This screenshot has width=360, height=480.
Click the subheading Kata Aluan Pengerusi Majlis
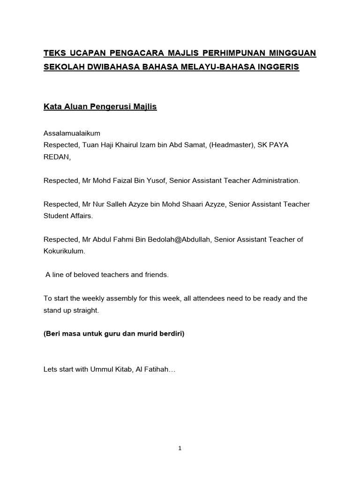click(x=100, y=107)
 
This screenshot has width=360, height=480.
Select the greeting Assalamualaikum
click(x=72, y=134)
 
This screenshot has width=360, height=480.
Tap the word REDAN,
click(x=57, y=157)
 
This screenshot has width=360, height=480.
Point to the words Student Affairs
click(x=68, y=216)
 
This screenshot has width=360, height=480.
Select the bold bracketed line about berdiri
click(x=114, y=334)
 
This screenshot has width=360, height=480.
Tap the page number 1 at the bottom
click(x=180, y=449)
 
